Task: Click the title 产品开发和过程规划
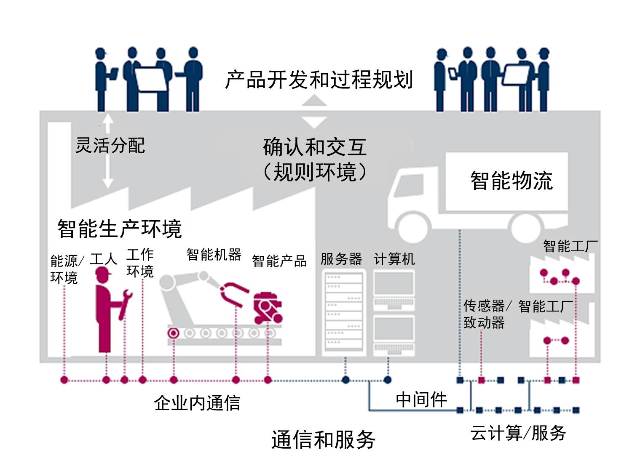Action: pos(319,80)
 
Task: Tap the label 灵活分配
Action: pos(110,146)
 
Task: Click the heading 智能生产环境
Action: pos(120,229)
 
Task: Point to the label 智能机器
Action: pos(214,255)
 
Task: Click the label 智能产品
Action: pos(279,261)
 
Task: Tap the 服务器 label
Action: pos(341,259)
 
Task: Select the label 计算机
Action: pos(394,259)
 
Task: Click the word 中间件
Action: pos(421,399)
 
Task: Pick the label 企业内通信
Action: pos(197,403)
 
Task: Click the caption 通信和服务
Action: pos(323,440)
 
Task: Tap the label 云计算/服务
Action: pos(518,433)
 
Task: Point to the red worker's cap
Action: pos(103,274)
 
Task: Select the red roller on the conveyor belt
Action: pos(173,333)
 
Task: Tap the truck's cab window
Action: pos(406,185)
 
